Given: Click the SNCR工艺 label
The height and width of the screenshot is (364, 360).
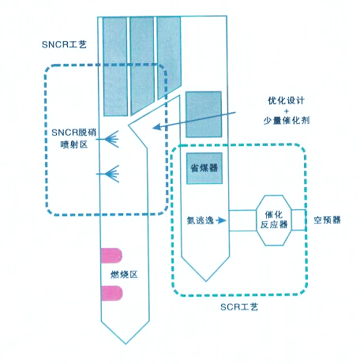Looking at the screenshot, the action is click(x=64, y=44).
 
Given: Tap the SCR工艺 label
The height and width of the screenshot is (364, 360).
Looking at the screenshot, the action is click(x=239, y=306).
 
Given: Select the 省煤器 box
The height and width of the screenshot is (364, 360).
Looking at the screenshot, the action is click(x=204, y=168).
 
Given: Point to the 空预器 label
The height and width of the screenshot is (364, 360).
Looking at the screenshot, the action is click(x=327, y=220).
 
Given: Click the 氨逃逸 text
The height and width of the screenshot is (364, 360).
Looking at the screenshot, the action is click(x=200, y=220).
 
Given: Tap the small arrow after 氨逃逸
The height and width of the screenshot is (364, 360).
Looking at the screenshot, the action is click(x=220, y=220).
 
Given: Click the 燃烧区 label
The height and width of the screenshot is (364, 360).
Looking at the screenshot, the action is click(x=124, y=275).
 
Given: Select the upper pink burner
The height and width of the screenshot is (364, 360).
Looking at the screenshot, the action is click(x=112, y=255).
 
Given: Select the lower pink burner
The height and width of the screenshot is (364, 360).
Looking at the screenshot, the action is click(x=112, y=293).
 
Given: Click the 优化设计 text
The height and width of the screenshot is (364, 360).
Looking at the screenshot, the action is click(x=287, y=100).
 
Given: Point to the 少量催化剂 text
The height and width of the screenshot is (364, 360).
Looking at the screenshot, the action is click(x=287, y=121).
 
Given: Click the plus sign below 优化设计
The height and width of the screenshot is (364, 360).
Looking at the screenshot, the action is click(x=287, y=111).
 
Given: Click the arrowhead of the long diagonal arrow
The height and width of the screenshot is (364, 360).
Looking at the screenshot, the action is click(x=156, y=127).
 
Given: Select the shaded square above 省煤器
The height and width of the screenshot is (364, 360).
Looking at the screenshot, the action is click(x=204, y=114).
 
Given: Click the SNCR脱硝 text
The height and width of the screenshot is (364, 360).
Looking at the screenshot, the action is click(x=73, y=133).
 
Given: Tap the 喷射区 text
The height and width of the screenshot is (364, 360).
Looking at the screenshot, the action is click(x=74, y=144).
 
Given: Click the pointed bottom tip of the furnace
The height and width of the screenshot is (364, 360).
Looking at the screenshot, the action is click(x=126, y=343).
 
